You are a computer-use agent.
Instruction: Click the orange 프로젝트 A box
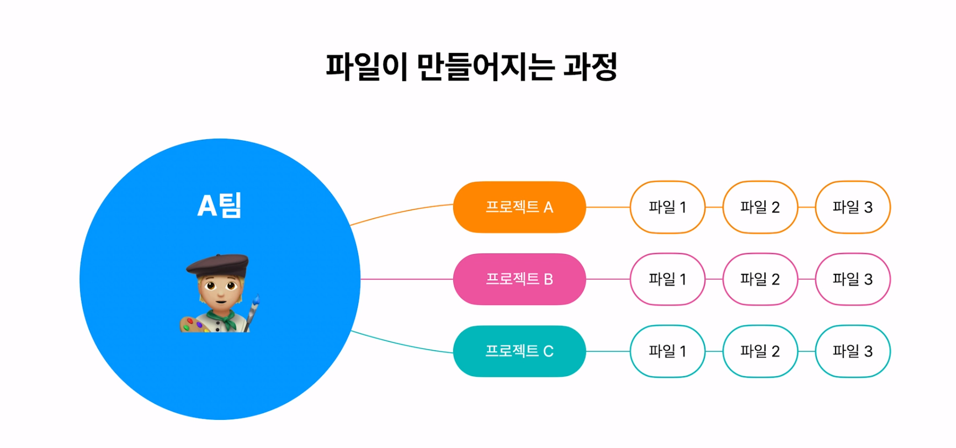coord(519,207)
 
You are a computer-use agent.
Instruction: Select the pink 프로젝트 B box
coord(519,279)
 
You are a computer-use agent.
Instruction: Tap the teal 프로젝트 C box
coord(519,351)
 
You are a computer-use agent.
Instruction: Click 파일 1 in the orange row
coord(667,207)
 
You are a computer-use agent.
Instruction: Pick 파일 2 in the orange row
coord(760,207)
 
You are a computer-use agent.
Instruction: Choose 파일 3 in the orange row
coord(853,207)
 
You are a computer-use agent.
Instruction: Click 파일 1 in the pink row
coord(667,279)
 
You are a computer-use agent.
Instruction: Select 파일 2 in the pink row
coord(760,279)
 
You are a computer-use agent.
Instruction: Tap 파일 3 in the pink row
coord(853,279)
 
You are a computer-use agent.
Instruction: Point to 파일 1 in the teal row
coord(667,351)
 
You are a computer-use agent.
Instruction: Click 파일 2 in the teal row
coord(760,351)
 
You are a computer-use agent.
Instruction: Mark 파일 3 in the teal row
coord(853,351)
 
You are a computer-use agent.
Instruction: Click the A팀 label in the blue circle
coord(220,205)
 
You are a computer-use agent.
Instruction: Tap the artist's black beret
coord(218,264)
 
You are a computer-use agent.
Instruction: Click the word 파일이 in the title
coord(366,67)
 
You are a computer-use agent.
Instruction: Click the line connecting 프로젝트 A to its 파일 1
coord(608,207)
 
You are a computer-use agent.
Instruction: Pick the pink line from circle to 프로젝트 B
coord(407,279)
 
